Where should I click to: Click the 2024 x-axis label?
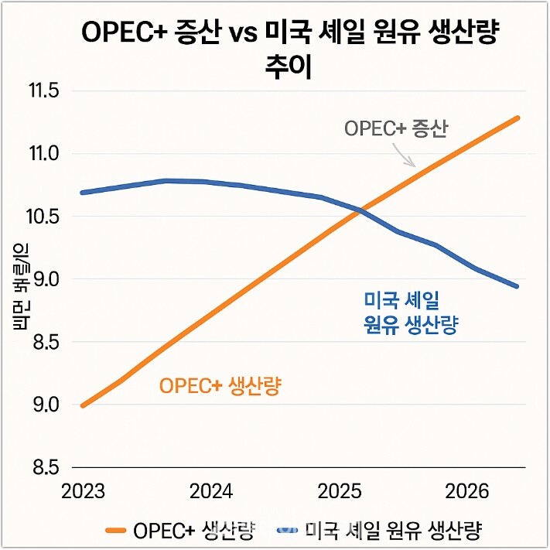click(211, 492)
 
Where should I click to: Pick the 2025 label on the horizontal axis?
click(340, 492)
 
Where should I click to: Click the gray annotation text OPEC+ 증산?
click(396, 128)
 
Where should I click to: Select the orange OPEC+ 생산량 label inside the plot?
click(220, 385)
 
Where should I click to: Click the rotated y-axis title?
click(20, 286)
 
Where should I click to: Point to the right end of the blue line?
click(518, 286)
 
